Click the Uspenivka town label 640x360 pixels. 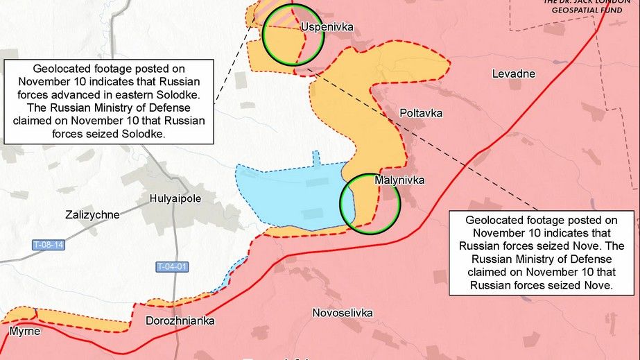pos(327,27)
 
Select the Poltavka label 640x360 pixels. pos(420,113)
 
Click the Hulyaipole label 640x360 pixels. pos(175,198)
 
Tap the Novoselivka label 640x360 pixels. pos(342,313)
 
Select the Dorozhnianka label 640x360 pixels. pos(180,321)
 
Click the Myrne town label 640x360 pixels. pos(25,332)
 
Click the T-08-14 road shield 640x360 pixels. pos(49,245)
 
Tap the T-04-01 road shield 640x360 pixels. pos(172,266)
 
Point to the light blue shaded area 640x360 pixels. pos(291,194)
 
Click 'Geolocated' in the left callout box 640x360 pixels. pos(64,69)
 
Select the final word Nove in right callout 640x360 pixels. pos(599,284)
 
